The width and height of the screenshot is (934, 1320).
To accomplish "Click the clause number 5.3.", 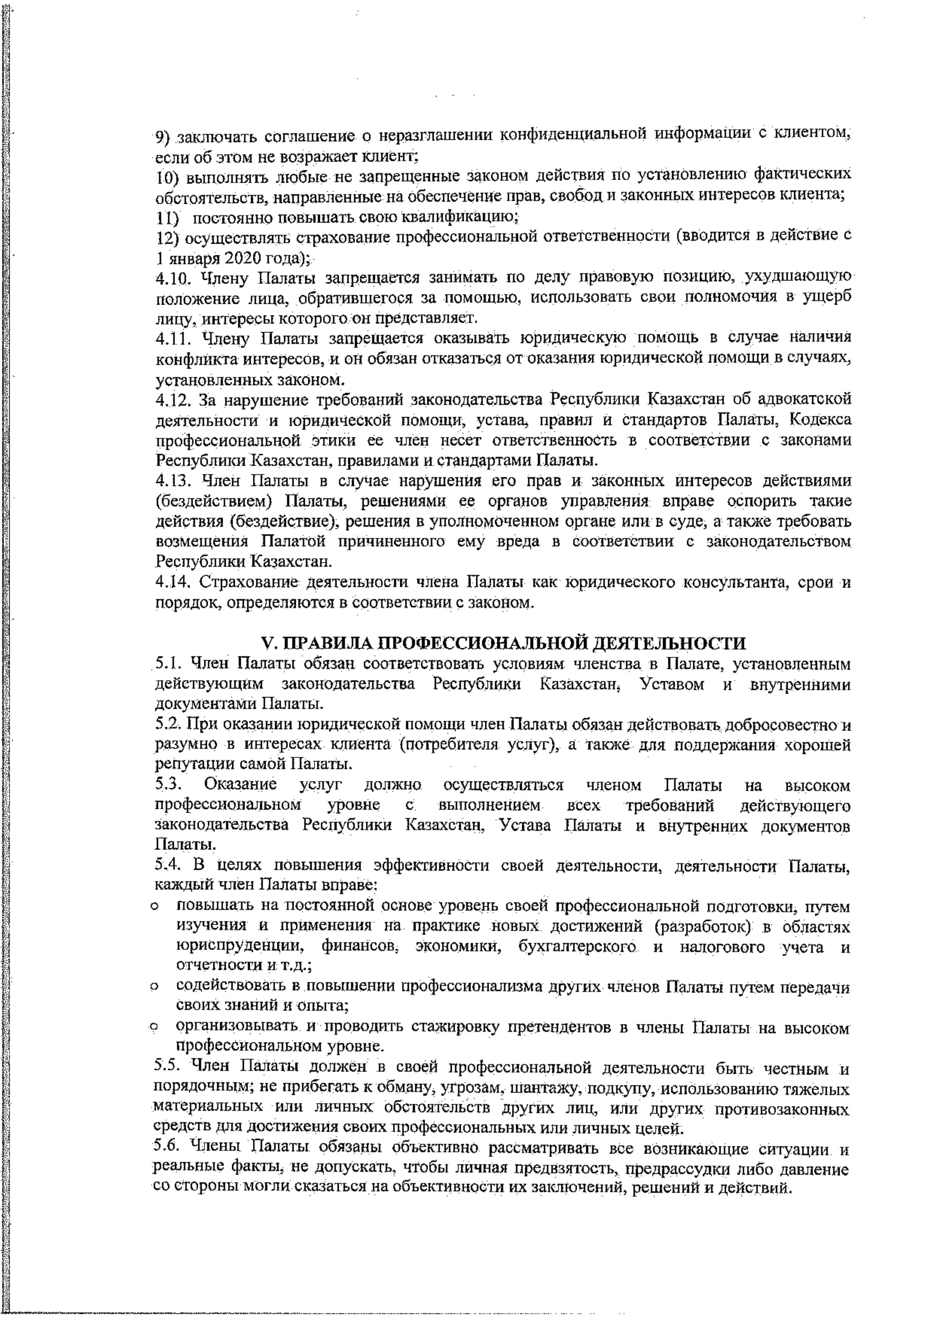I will (x=168, y=785).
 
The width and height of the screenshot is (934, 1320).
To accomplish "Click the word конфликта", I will (x=194, y=359).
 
